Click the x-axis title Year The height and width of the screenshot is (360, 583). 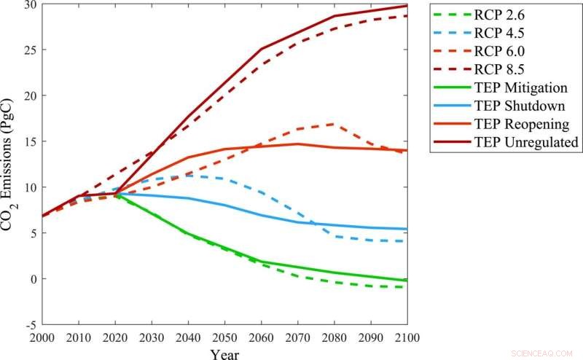pyautogui.click(x=224, y=353)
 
